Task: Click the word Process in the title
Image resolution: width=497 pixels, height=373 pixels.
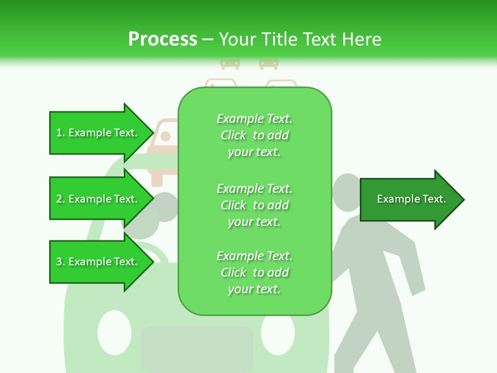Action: [163, 39]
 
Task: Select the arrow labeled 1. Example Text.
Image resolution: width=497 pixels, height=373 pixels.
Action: [98, 133]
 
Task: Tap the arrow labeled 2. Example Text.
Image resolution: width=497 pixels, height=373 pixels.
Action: [98, 199]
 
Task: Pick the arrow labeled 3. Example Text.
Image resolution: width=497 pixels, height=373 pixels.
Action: [98, 262]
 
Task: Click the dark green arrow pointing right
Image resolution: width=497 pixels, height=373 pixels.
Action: [412, 199]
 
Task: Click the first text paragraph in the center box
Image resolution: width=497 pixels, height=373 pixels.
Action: [254, 135]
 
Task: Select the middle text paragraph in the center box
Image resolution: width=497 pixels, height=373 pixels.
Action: [254, 205]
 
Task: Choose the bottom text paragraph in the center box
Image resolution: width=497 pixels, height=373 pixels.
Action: [254, 272]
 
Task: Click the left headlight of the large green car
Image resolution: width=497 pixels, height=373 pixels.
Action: [114, 332]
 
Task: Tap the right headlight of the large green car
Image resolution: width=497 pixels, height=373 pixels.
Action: [278, 332]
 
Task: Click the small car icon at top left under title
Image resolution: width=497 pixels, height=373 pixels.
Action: [230, 63]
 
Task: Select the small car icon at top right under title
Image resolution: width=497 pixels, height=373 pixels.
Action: [269, 63]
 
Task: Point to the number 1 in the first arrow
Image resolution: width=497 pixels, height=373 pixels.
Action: [59, 133]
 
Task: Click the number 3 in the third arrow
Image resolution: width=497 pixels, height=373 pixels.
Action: [59, 262]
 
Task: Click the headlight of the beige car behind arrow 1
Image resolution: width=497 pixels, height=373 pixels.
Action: [166, 137]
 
